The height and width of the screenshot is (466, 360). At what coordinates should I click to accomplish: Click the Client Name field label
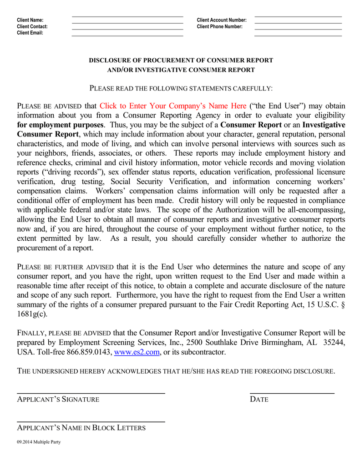pyautogui.click(x=30, y=20)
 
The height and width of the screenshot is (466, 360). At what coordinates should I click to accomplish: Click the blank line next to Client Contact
pyautogui.click(x=127, y=28)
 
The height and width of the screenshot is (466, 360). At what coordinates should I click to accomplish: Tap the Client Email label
pyautogui.click(x=30, y=33)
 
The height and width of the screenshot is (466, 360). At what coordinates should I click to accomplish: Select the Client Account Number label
pyautogui.click(x=222, y=20)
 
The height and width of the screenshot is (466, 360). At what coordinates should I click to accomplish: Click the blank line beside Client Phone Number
pyautogui.click(x=298, y=28)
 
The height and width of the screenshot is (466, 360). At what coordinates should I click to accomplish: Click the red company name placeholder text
pyautogui.click(x=173, y=106)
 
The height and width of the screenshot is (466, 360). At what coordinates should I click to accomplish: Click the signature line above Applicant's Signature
pyautogui.click(x=91, y=393)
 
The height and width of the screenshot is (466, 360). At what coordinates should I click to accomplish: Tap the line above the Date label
pyautogui.click(x=292, y=393)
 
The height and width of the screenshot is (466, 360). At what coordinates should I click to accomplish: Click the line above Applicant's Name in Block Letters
pyautogui.click(x=91, y=422)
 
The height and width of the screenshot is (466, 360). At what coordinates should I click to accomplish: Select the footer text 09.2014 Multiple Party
pyautogui.click(x=39, y=442)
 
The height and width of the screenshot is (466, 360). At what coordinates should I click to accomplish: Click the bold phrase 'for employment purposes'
pyautogui.click(x=60, y=125)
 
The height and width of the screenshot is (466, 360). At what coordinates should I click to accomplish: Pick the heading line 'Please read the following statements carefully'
pyautogui.click(x=181, y=88)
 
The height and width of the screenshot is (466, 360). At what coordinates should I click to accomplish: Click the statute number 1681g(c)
pyautogui.click(x=32, y=314)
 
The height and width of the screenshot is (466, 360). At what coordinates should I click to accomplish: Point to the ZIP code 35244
pyautogui.click(x=334, y=343)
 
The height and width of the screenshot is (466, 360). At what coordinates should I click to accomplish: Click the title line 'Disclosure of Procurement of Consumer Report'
pyautogui.click(x=181, y=60)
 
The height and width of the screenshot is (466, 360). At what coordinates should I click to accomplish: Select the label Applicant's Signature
pyautogui.click(x=58, y=400)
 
